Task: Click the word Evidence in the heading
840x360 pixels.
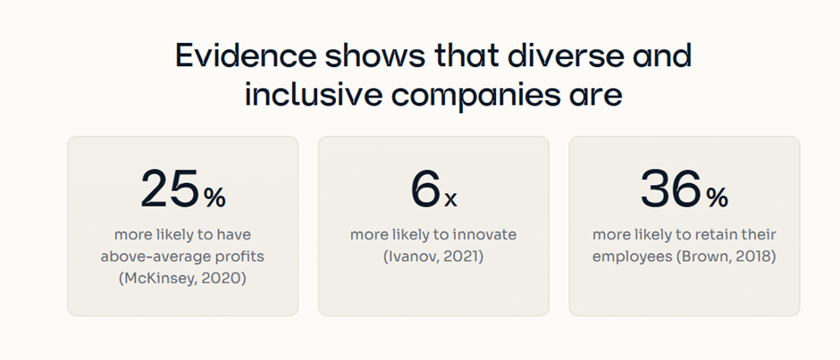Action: tap(246, 54)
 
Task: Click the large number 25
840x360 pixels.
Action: tap(170, 188)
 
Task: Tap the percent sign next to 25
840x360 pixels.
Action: tap(214, 198)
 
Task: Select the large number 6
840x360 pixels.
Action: tap(425, 188)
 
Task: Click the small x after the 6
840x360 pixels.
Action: tap(450, 200)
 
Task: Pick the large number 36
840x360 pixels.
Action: tap(671, 188)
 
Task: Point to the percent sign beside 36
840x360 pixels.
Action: tap(718, 198)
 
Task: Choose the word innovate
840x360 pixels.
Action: tap(484, 235)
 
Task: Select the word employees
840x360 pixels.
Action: tap(632, 257)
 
